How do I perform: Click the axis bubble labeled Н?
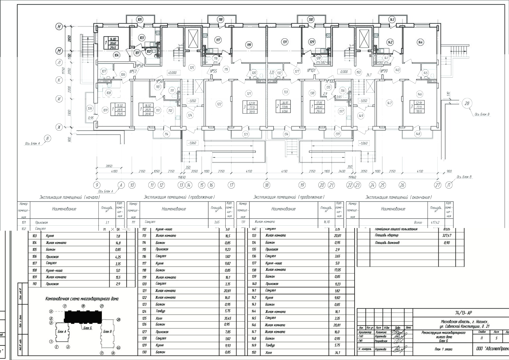tap(59, 26)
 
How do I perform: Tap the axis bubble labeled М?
tap(59, 51)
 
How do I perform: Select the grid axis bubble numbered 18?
tap(267, 185)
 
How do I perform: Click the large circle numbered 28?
tap(467, 103)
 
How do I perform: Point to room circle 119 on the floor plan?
tap(249, 45)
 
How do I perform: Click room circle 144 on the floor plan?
tap(420, 42)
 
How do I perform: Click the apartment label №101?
tap(311, 71)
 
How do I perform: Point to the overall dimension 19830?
tap(182, 177)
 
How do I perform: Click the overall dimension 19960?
tap(353, 177)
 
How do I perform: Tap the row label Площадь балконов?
tap(387, 243)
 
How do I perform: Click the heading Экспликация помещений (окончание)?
tap(398, 197)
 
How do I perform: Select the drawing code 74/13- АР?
tap(464, 313)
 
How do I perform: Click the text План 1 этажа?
tap(443, 349)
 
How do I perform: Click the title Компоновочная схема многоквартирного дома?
tap(82, 299)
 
